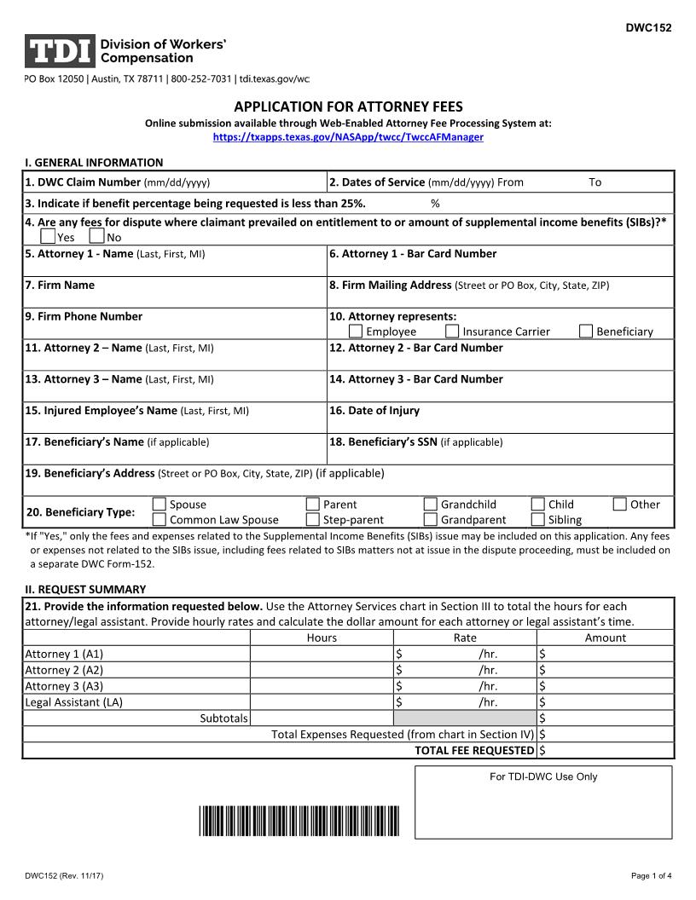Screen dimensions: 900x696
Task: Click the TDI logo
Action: coord(60,51)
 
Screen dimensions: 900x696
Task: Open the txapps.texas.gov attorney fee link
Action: coord(348,136)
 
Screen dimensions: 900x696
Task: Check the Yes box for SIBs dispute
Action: coord(48,237)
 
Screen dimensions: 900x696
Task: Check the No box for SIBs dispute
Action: coord(96,237)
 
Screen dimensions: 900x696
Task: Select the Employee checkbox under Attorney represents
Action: coord(356,332)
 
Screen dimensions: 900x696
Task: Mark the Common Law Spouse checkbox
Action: coord(159,519)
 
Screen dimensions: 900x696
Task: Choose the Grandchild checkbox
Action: coord(431,504)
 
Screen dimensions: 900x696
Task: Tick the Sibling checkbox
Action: coord(538,519)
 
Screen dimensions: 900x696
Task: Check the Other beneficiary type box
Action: coord(620,504)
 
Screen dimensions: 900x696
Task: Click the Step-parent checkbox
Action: coord(313,519)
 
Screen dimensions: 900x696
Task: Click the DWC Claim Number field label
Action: coord(83,182)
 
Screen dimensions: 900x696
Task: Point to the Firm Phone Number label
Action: coord(84,316)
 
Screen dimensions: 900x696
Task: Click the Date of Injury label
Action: coord(374,411)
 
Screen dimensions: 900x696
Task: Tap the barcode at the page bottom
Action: coord(299,820)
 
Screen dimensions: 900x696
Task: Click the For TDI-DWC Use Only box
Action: coord(543,801)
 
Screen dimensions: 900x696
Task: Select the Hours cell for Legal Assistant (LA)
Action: coord(322,702)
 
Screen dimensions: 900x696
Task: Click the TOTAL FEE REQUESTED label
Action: coord(474,750)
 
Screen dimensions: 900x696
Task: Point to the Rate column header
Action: coord(465,637)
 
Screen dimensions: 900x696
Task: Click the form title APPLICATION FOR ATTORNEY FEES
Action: coord(348,107)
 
